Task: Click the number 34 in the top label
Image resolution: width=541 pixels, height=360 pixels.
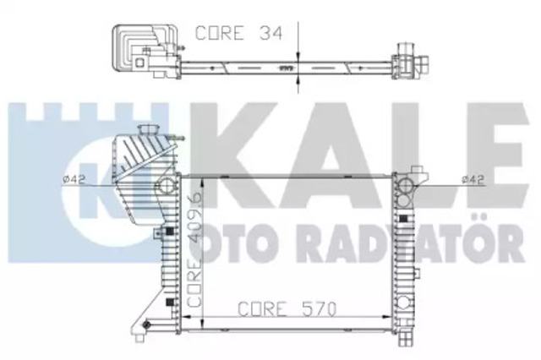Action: click(270, 33)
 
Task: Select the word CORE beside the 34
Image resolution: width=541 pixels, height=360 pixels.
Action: click(220, 33)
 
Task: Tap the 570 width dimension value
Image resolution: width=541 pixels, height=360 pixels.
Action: click(319, 309)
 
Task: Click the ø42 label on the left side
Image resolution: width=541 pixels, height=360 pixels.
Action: click(74, 179)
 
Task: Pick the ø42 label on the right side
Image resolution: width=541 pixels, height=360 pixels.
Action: click(473, 179)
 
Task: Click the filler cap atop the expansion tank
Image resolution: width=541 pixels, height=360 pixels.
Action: click(148, 131)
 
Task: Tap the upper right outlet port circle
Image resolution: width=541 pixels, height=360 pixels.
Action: click(404, 186)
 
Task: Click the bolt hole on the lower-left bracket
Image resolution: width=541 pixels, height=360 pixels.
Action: click(146, 325)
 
